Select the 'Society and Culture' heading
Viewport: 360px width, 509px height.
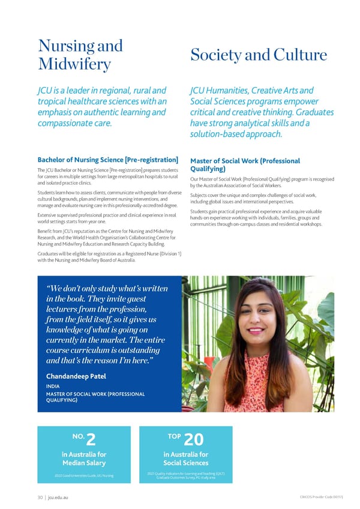point(258,55)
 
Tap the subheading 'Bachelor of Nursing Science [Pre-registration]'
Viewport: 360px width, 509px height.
point(108,160)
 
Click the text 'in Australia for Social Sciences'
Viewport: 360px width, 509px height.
point(185,459)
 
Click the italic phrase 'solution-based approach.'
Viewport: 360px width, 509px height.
point(236,134)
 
